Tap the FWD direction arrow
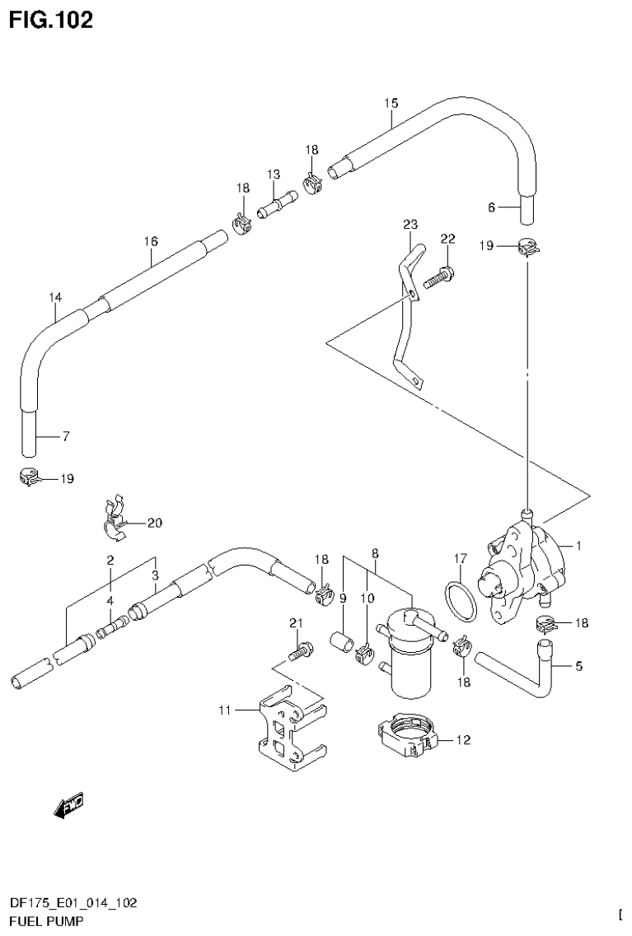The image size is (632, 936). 68,807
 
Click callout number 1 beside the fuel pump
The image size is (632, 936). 578,544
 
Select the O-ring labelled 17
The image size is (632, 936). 461,600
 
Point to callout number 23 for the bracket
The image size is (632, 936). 410,224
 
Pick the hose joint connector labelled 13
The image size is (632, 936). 276,203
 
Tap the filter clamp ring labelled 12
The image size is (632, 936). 406,733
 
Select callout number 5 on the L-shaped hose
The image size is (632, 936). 578,666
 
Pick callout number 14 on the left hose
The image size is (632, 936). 54,296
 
